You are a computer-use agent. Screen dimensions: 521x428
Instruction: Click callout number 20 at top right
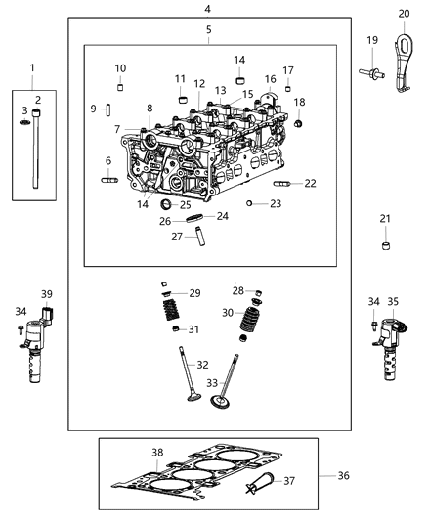pos(405,13)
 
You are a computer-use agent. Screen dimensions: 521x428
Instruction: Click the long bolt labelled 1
pos(35,152)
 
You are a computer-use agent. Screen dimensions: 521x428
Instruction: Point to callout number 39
pos(46,294)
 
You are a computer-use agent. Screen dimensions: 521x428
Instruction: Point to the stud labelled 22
pos(280,183)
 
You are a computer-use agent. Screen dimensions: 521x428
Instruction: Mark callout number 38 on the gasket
pos(156,452)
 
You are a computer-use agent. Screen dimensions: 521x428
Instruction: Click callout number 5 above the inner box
pos(208,30)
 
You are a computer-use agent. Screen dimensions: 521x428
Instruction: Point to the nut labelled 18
pos(299,123)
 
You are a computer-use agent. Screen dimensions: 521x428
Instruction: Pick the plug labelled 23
pos(250,203)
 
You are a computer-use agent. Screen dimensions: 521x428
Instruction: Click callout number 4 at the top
pos(207,8)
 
